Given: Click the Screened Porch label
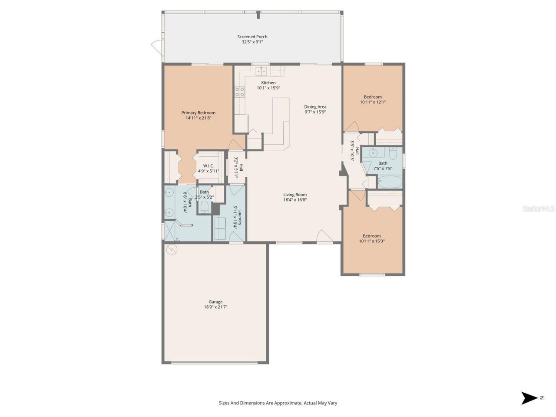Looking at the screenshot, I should pyautogui.click(x=252, y=37).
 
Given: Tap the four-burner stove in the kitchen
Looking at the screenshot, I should pyautogui.click(x=240, y=92).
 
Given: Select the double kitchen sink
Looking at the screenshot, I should pyautogui.click(x=261, y=71).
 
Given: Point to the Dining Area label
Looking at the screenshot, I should pyautogui.click(x=315, y=107).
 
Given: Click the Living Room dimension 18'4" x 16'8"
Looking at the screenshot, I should pyautogui.click(x=295, y=200).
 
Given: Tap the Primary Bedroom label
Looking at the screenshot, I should pyautogui.click(x=198, y=113).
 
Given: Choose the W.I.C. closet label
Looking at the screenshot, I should pyautogui.click(x=208, y=166).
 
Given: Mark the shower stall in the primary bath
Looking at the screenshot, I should pyautogui.click(x=170, y=230).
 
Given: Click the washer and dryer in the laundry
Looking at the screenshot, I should pyautogui.click(x=219, y=228).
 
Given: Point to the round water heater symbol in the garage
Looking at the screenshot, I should pyautogui.click(x=172, y=250).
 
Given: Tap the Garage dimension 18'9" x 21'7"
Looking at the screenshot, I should pyautogui.click(x=215, y=307).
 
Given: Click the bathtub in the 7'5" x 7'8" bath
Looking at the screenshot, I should pyautogui.click(x=390, y=181).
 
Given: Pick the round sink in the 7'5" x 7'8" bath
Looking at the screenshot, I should pyautogui.click(x=372, y=153).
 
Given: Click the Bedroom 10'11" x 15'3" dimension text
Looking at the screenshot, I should pyautogui.click(x=372, y=241).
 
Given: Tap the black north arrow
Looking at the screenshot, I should pyautogui.click(x=530, y=398).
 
